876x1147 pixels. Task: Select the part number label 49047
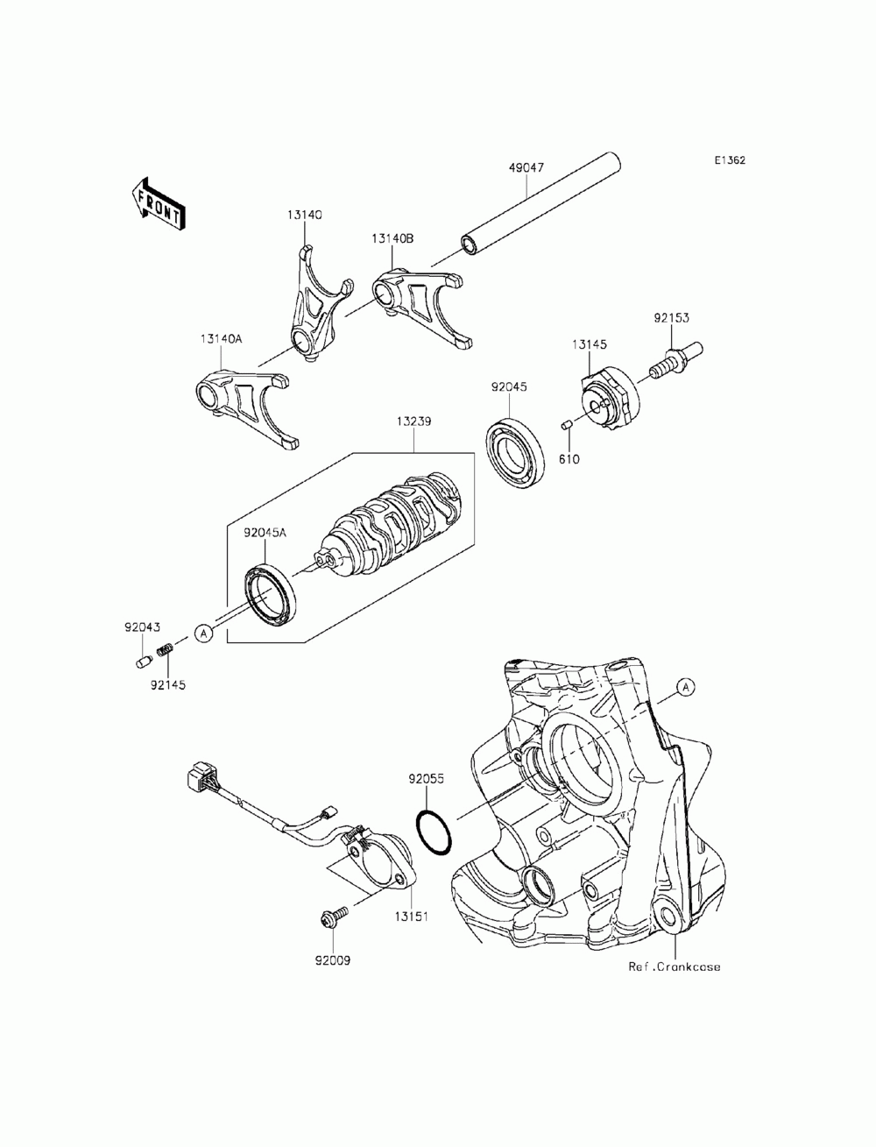click(x=526, y=165)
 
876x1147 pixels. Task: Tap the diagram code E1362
click(x=729, y=160)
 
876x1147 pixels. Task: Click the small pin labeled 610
click(x=567, y=426)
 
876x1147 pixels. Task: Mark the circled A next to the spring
click(x=203, y=632)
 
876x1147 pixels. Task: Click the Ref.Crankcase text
click(x=674, y=966)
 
